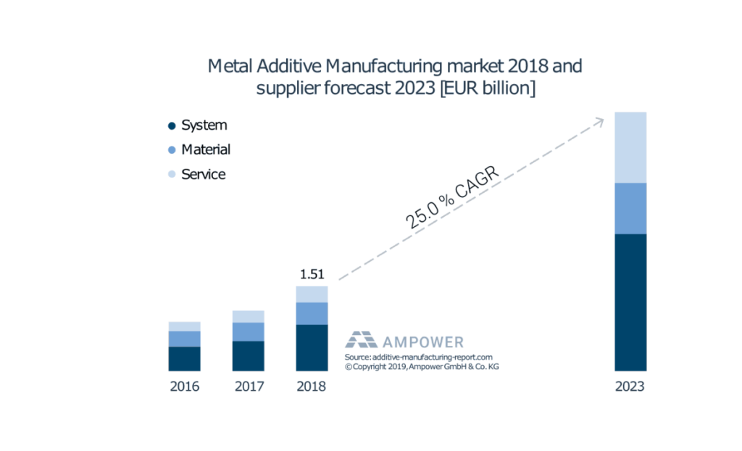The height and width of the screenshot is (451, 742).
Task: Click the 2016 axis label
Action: pyautogui.click(x=185, y=386)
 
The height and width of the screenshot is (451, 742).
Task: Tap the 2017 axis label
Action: pyautogui.click(x=249, y=386)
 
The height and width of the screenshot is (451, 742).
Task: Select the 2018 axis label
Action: pyautogui.click(x=312, y=386)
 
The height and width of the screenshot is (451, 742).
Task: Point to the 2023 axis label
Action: pyautogui.click(x=630, y=386)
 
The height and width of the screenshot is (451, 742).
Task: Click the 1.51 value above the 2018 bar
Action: pyautogui.click(x=312, y=275)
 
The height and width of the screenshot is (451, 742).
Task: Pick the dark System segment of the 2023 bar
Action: pyautogui.click(x=630, y=302)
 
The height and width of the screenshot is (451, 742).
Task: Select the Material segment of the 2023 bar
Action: pyautogui.click(x=630, y=208)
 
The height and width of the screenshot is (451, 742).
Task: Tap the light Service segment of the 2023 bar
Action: pyautogui.click(x=630, y=147)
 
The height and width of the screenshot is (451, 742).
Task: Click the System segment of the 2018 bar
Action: pyautogui.click(x=312, y=348)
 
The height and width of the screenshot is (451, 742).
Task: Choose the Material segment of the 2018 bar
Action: pyautogui.click(x=312, y=313)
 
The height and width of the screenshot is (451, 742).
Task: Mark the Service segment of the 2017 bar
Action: pyautogui.click(x=249, y=316)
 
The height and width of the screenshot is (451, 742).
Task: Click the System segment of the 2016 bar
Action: pyautogui.click(x=185, y=359)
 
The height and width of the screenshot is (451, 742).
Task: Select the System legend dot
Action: pyautogui.click(x=172, y=125)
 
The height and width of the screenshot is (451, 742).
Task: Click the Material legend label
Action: pyautogui.click(x=206, y=149)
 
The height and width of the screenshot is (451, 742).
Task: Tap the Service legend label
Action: pyautogui.click(x=203, y=174)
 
